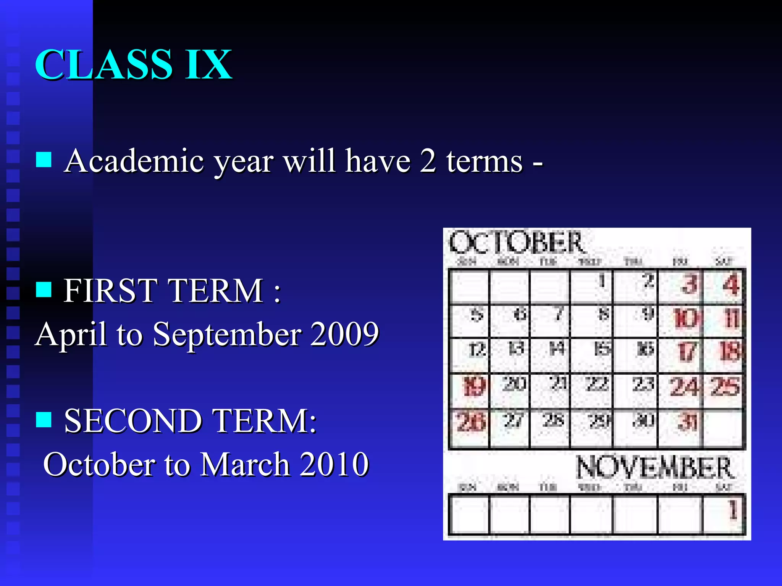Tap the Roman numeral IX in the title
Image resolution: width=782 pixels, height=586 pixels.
coord(208,65)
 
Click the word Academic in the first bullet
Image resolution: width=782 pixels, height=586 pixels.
coord(134,161)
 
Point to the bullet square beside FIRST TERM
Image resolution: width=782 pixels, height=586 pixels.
coord(44,290)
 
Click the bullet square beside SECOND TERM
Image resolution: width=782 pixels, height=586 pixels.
coord(44,420)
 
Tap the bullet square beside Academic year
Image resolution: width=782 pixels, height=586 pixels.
coord(44,160)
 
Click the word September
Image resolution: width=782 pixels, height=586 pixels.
coord(228,334)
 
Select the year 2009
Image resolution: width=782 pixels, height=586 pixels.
coord(344,334)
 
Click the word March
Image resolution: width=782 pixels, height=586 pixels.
coord(245,464)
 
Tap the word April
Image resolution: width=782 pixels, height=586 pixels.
coord(71,334)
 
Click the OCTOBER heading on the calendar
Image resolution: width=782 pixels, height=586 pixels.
coord(516,243)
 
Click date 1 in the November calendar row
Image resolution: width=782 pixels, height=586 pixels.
coord(732,510)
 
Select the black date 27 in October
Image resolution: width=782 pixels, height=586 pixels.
coord(513,420)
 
